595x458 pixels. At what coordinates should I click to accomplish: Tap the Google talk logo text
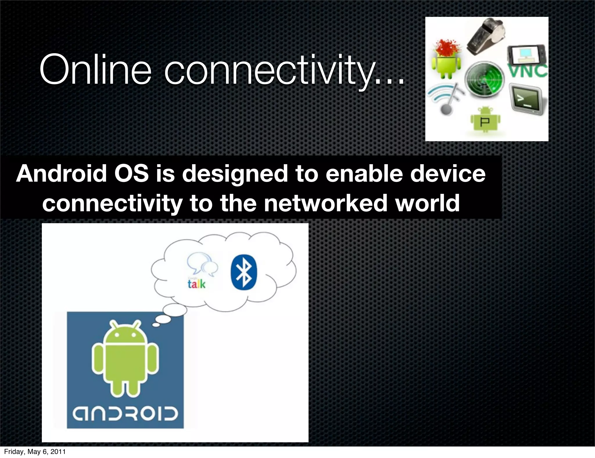click(197, 284)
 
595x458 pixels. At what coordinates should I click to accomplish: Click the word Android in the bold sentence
click(61, 173)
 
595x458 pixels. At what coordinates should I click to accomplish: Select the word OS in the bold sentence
click(131, 173)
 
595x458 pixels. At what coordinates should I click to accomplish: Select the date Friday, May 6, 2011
click(35, 451)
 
